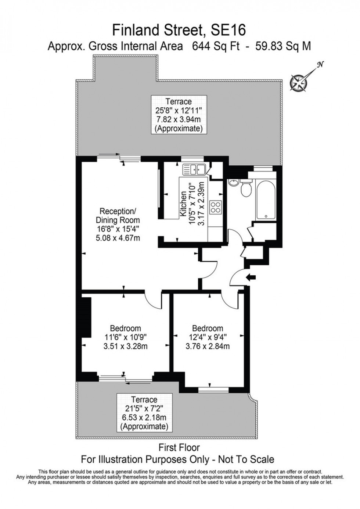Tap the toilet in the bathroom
pyautogui.click(x=245, y=190)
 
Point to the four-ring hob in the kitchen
pyautogui.click(x=215, y=208)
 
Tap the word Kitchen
pyautogui.click(x=183, y=205)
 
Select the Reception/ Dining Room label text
pyautogui.click(x=118, y=216)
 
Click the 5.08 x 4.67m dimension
pyautogui.click(x=118, y=238)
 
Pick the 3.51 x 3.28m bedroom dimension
pyautogui.click(x=126, y=346)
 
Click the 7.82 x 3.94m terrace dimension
pyautogui.click(x=179, y=119)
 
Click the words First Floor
pyautogui.click(x=179, y=448)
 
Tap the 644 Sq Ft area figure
pyautogui.click(x=216, y=47)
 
